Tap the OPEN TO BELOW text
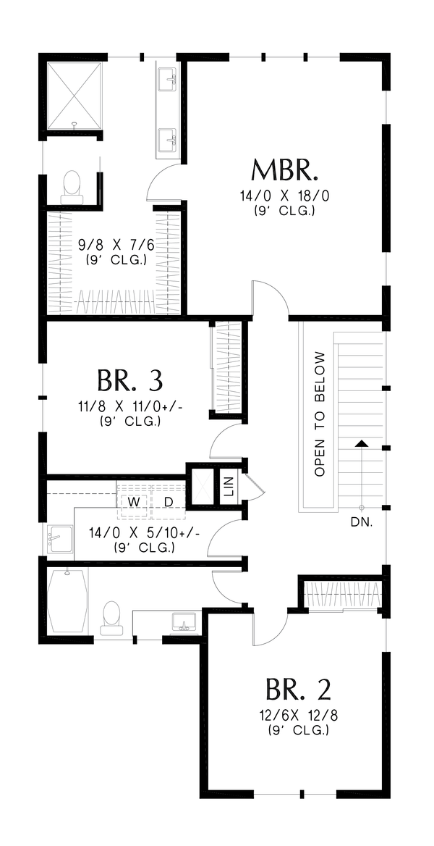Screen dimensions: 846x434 320,414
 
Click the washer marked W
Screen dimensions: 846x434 134,501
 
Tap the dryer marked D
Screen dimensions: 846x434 169,501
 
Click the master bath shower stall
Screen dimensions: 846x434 75,96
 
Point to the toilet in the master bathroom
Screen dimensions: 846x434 72,185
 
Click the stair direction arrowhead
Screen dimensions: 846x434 359,443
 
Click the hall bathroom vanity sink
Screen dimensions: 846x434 182,622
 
